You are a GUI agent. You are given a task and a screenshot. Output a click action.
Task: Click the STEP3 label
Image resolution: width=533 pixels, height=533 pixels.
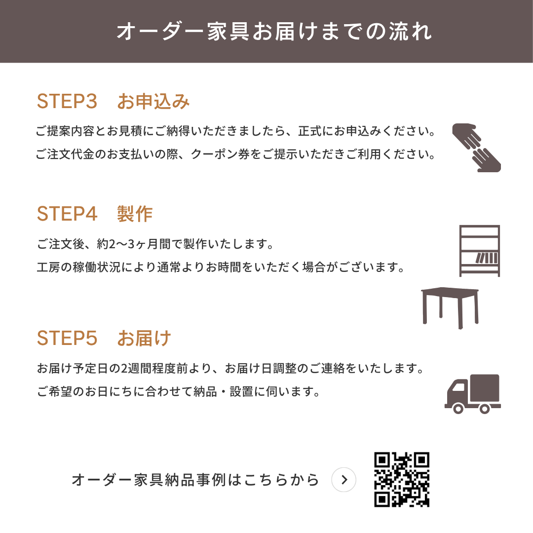coord(67,101)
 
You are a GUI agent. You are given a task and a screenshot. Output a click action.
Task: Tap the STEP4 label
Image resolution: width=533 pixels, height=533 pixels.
coord(67,214)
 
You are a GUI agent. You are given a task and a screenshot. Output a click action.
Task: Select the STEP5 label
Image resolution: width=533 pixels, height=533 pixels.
coord(67,338)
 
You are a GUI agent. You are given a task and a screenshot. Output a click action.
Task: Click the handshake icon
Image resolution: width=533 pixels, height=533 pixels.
coord(476,148)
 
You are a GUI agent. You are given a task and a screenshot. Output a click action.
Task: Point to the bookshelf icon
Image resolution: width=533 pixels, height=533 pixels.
coord(479,251)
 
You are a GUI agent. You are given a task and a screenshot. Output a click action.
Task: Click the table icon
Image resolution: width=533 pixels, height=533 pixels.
coord(450,307)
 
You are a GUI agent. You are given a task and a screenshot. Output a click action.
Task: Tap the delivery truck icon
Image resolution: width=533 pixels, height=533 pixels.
coord(472,394)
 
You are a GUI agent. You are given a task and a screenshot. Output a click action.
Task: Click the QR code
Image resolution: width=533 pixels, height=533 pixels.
coord(402,480)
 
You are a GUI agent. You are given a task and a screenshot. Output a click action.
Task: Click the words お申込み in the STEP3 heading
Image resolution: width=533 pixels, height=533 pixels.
coord(153,101)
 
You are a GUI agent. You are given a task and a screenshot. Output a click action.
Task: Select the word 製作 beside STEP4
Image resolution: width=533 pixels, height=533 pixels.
coord(135,214)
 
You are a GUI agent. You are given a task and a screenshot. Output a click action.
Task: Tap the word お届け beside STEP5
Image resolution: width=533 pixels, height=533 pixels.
coord(144,338)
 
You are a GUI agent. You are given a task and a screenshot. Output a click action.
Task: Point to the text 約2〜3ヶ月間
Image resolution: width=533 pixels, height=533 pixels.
coord(134,244)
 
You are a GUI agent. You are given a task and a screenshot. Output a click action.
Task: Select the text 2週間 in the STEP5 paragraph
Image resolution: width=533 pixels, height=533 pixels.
coord(136,369)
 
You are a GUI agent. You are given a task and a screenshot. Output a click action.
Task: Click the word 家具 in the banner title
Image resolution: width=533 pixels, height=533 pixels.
coord(228,32)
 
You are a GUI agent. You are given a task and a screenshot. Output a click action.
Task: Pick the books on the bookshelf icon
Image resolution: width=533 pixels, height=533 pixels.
coord(487,258)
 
